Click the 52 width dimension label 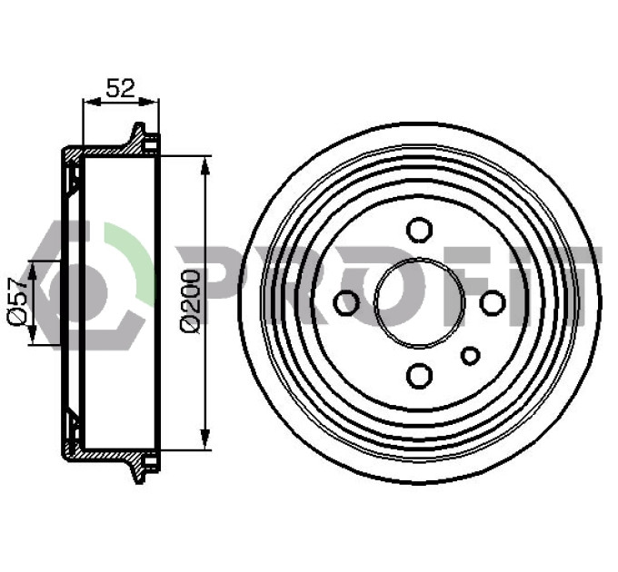pos(120,88)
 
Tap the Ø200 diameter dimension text pos(190,301)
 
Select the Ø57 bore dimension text pos(17,301)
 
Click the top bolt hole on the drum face pos(419,230)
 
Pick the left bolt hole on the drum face pos(346,302)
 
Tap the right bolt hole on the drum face pos(493,302)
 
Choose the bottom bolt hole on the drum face pos(419,375)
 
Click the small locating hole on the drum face pos(470,356)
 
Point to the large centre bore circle pos(419,258)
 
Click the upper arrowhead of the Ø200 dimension pos(204,165)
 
